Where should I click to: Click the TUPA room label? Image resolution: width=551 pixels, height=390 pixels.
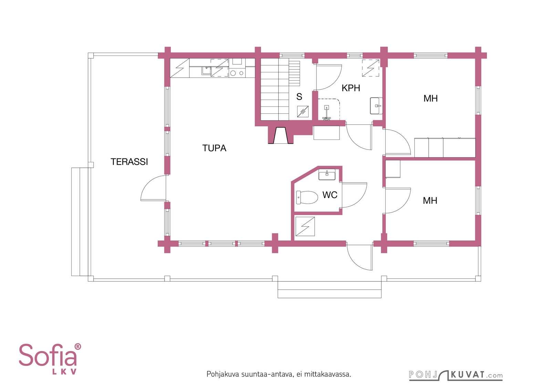(x=214, y=148)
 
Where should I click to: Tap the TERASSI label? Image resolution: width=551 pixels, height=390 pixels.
(x=129, y=162)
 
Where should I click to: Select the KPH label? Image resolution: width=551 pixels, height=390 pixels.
(x=351, y=88)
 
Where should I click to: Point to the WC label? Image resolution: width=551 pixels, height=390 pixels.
(x=330, y=195)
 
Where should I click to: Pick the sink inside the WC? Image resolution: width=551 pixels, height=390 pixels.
(x=327, y=175)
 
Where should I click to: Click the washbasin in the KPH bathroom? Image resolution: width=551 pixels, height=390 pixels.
(x=376, y=106)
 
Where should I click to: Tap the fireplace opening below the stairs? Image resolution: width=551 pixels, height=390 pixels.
(x=281, y=135)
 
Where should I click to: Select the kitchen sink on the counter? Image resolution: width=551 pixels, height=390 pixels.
(x=206, y=70)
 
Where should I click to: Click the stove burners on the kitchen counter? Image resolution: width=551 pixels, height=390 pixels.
(x=237, y=73)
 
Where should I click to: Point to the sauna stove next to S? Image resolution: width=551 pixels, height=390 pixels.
(x=303, y=112)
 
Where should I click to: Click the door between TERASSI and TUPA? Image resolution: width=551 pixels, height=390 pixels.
(x=153, y=188)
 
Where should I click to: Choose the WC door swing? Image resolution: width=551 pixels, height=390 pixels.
(x=354, y=195)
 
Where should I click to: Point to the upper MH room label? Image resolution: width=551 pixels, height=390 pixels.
(x=430, y=99)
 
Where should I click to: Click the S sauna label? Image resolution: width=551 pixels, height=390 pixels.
(x=299, y=97)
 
